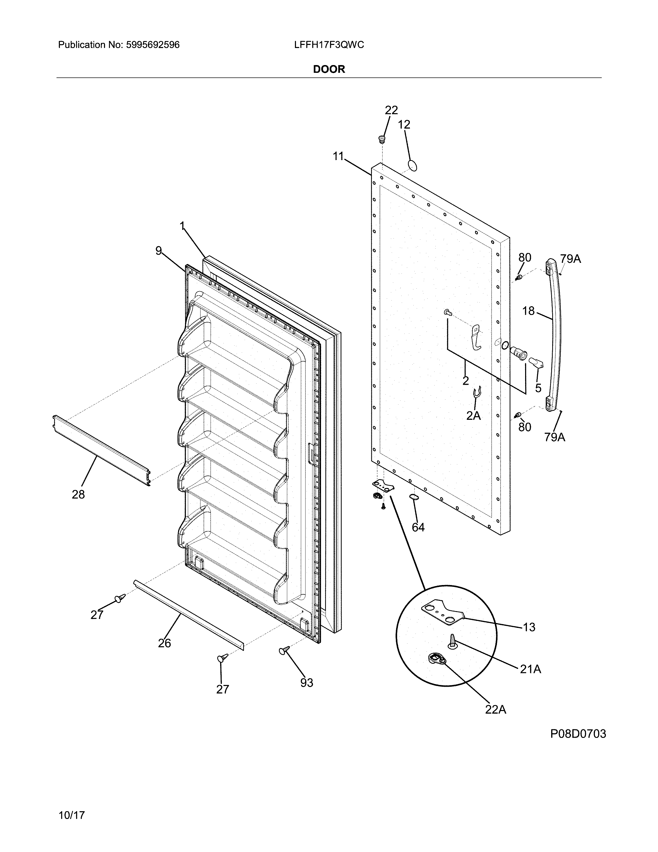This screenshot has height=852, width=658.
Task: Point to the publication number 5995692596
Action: click(153, 45)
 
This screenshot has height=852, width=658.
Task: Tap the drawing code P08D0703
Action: click(578, 734)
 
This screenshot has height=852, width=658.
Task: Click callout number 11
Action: click(338, 156)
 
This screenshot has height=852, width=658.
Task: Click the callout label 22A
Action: click(495, 709)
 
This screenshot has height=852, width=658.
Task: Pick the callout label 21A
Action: click(530, 669)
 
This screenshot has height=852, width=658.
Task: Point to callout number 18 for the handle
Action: click(528, 311)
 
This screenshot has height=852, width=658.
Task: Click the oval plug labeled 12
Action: click(412, 165)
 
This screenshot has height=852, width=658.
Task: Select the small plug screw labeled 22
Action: click(382, 139)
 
